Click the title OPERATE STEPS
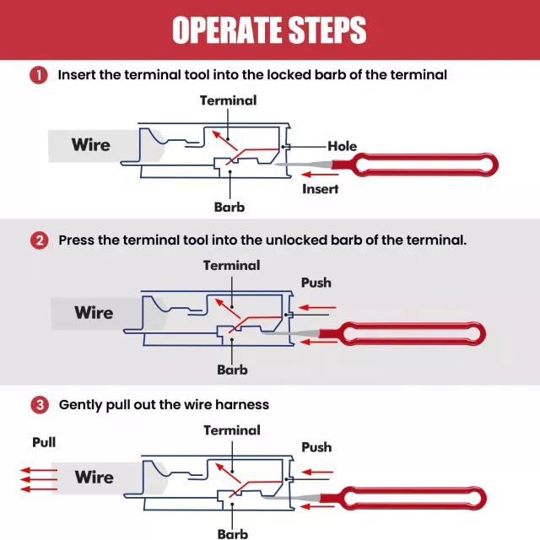point(269,30)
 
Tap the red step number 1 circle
point(39,75)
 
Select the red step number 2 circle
point(39,240)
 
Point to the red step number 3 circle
point(39,405)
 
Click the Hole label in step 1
point(342,146)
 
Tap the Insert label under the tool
point(320,189)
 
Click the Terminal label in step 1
point(228,100)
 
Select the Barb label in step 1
point(229,206)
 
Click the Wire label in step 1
point(90,144)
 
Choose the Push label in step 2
point(316,283)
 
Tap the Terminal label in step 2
point(231,265)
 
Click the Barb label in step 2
point(232,370)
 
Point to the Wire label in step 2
point(94,312)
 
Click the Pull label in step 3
point(45,442)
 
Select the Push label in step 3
point(316,447)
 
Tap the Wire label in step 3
point(94,477)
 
